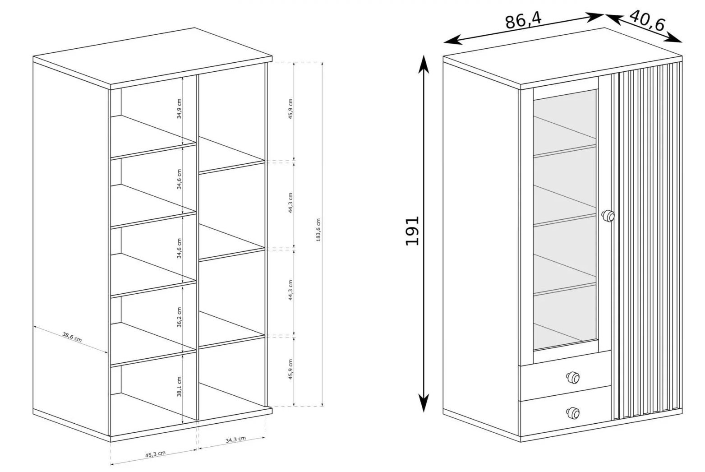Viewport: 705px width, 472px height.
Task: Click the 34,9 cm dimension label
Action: click(x=179, y=109)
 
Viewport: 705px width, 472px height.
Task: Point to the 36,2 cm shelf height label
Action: click(x=179, y=317)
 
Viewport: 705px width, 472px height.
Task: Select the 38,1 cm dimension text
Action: click(x=179, y=387)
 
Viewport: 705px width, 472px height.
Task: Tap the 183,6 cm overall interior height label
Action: click(x=318, y=230)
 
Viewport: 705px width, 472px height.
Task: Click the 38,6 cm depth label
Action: click(x=72, y=337)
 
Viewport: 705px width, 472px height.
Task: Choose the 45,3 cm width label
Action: click(x=155, y=454)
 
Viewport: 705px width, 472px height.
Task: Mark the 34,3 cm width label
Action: click(x=236, y=440)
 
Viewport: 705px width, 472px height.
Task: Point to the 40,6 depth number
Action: click(x=647, y=20)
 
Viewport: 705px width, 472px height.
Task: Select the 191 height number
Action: click(x=412, y=231)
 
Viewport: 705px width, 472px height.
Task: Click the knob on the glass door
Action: click(x=608, y=216)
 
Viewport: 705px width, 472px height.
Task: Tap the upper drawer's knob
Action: click(x=573, y=378)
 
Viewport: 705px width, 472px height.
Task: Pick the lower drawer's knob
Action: click(x=573, y=413)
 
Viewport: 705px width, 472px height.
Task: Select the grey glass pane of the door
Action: click(x=565, y=220)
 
